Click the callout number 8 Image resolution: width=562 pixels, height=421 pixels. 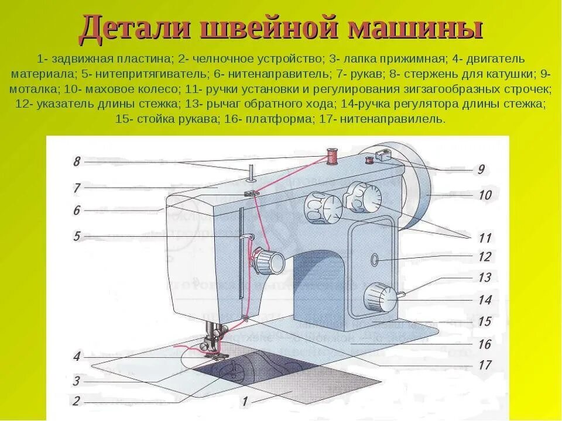point(76,161)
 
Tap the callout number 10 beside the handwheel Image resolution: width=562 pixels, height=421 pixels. point(485,195)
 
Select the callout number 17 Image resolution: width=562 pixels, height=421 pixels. point(484,365)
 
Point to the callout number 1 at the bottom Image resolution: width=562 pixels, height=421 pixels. point(245,402)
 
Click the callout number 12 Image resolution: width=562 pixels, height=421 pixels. point(484,256)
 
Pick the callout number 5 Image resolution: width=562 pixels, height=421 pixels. point(76,236)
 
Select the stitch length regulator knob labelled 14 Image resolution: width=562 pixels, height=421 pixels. point(379,298)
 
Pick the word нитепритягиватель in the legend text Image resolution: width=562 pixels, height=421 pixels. point(145,74)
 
